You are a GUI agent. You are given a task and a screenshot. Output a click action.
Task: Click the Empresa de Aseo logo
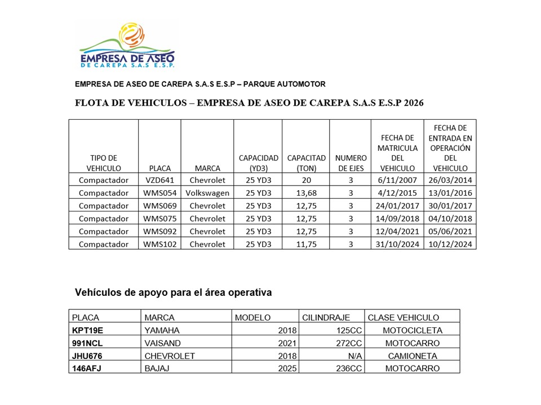tap(127, 45)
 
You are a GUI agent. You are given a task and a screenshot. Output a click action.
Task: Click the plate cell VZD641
tap(159, 180)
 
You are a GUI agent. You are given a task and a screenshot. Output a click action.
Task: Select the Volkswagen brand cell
tap(207, 193)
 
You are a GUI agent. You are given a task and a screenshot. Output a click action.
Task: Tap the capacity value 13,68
tap(306, 193)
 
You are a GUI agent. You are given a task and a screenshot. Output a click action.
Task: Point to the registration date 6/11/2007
tap(397, 180)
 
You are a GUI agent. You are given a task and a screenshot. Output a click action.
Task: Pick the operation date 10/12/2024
tap(450, 244)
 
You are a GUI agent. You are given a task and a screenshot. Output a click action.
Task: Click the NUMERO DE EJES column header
tap(351, 163)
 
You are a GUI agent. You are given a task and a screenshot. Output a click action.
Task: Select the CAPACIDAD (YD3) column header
tap(258, 163)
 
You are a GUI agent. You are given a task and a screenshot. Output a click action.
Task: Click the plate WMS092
tap(159, 231)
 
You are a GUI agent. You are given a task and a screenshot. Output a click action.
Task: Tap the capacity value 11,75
tap(306, 244)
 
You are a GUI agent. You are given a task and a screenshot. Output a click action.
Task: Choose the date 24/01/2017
tap(397, 206)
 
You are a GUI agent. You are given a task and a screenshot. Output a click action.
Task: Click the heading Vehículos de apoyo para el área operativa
tap(174, 292)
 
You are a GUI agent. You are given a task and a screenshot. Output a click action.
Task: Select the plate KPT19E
tap(88, 330)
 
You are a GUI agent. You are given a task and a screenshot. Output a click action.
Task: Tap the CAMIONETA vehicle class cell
tap(413, 356)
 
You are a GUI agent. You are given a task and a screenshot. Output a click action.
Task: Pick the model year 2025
tap(285, 369)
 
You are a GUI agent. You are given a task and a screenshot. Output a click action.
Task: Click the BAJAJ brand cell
tap(157, 369)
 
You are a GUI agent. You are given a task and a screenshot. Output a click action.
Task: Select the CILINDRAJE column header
tap(326, 318)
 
